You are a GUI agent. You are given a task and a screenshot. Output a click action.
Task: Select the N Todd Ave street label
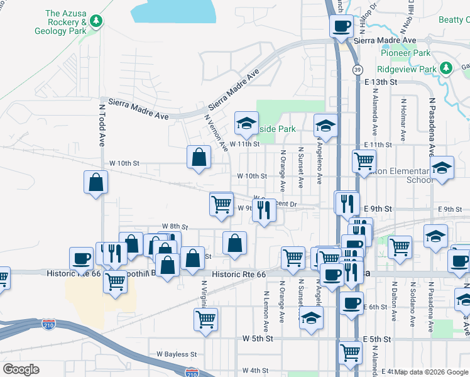(101, 125)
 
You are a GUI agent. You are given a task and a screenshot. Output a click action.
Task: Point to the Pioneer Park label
(405, 53)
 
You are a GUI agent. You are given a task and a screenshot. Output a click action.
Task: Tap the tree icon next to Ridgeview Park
(445, 68)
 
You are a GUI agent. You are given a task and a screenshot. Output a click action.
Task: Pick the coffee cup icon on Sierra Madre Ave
(341, 26)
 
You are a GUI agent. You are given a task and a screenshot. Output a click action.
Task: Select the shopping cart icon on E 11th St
(364, 161)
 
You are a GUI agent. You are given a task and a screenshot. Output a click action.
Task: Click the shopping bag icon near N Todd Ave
(96, 182)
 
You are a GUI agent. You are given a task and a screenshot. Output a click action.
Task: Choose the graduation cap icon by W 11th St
(247, 123)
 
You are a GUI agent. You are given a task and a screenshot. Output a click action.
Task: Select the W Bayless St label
(177, 355)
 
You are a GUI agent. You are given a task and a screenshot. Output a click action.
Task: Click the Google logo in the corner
(21, 369)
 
